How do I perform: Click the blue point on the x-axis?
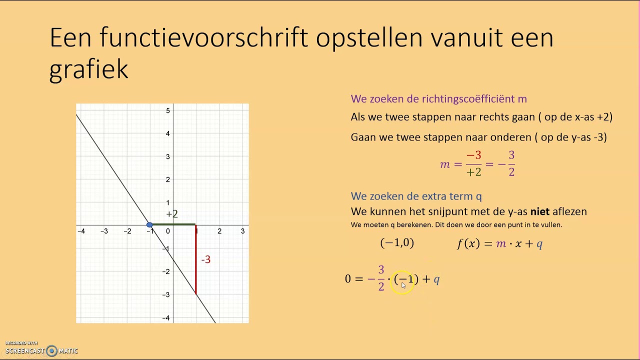[149, 225]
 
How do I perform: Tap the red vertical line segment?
[195, 260]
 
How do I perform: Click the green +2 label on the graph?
[172, 214]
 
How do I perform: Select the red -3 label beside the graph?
[205, 259]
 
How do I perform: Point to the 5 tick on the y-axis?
[168, 110]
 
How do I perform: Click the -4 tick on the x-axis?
[81, 231]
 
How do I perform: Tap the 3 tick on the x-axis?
[242, 231]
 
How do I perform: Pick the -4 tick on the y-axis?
[165, 318]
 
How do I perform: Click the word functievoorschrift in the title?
[203, 38]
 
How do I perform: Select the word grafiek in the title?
[89, 69]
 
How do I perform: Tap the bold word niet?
[540, 211]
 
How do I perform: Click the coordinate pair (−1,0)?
[397, 243]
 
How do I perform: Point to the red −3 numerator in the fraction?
[473, 156]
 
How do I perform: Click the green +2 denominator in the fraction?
[473, 172]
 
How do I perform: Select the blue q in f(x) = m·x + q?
[539, 244]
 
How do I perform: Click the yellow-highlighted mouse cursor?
[403, 284]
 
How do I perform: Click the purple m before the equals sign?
[445, 164]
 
